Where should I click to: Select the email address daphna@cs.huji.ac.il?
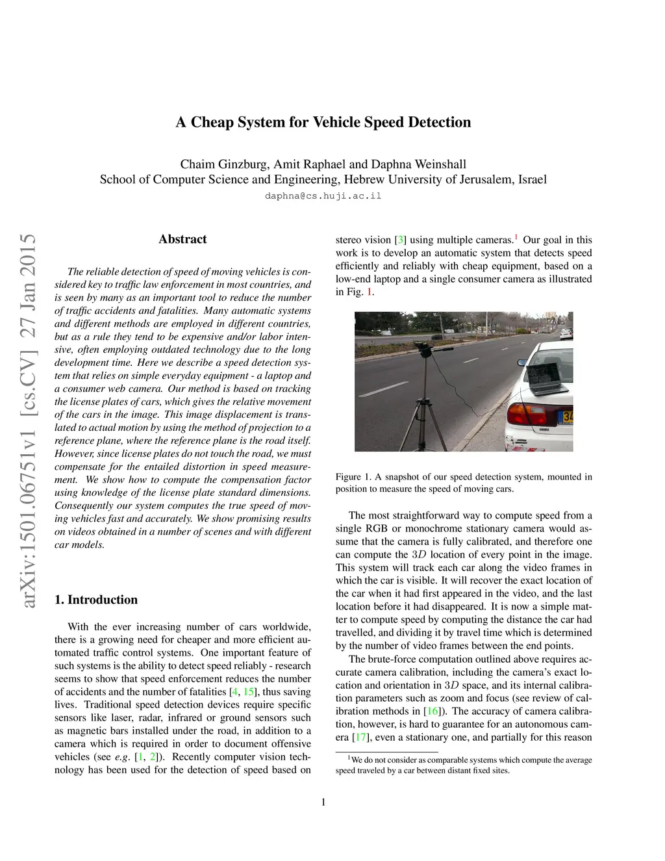coord(323,196)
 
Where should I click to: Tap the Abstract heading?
coord(182,239)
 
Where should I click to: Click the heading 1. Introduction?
coord(96,600)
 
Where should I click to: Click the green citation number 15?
coord(249,692)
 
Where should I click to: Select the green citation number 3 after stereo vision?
coord(401,240)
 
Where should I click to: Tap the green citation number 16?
coord(432,712)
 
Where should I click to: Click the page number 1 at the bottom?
coord(323,802)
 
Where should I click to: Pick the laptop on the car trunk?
coord(545,378)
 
